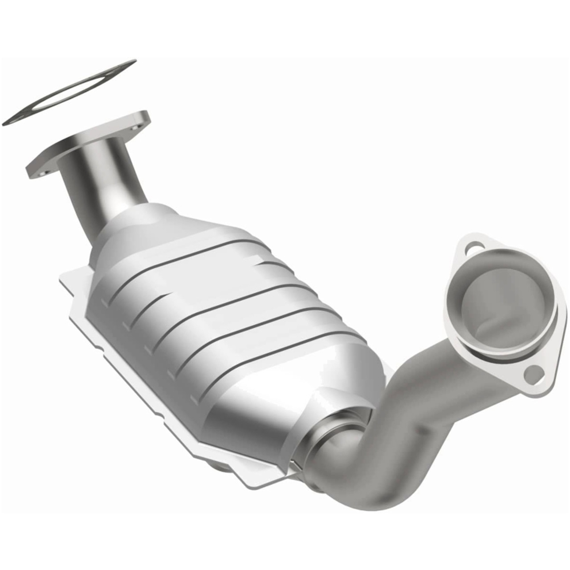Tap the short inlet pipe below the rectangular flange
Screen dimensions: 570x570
(102, 187)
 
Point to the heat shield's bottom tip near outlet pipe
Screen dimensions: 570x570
(254, 485)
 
